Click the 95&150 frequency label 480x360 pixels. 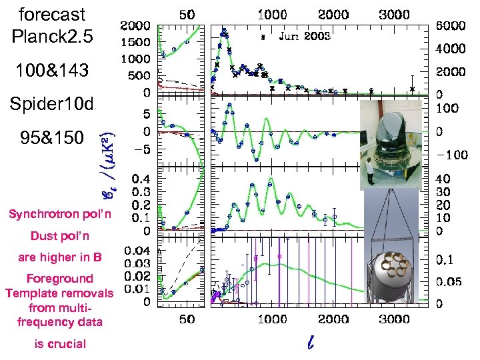tap(52, 137)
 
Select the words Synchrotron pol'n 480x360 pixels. tap(59, 214)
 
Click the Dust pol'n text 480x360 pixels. tap(59, 236)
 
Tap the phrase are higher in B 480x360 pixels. tap(59, 257)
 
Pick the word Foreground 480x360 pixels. tap(59, 279)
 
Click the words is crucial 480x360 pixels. tap(59, 344)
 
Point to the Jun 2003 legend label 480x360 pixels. tap(304, 36)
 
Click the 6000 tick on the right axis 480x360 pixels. tap(451, 25)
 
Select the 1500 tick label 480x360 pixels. tap(135, 43)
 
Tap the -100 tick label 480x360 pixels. tap(451, 155)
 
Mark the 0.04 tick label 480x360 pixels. tap(137, 251)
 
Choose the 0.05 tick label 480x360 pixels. tap(449, 281)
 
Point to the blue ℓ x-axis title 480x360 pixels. tap(310, 343)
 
